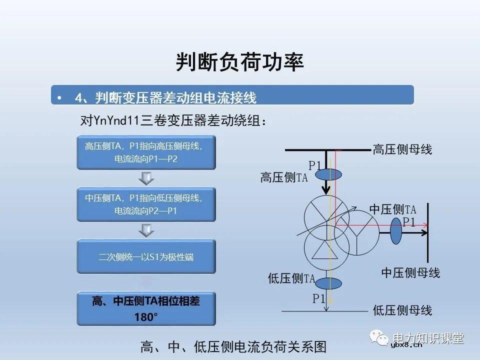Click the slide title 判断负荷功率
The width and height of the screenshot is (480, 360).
[240, 62]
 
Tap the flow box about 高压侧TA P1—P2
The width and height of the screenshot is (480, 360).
[146, 152]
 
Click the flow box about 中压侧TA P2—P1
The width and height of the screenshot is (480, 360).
[146, 204]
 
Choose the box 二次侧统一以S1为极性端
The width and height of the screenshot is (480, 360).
[146, 257]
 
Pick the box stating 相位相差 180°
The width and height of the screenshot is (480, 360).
[146, 308]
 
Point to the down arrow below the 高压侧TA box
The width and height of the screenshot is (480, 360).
[146, 177]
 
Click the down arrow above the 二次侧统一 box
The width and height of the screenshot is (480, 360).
[146, 230]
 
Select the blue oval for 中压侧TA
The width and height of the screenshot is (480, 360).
[396, 230]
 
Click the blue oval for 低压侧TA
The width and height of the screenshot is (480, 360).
[328, 283]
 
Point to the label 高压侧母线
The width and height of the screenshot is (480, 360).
[402, 149]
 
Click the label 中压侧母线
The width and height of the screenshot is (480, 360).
[410, 273]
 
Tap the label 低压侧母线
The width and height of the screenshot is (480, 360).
[402, 310]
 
